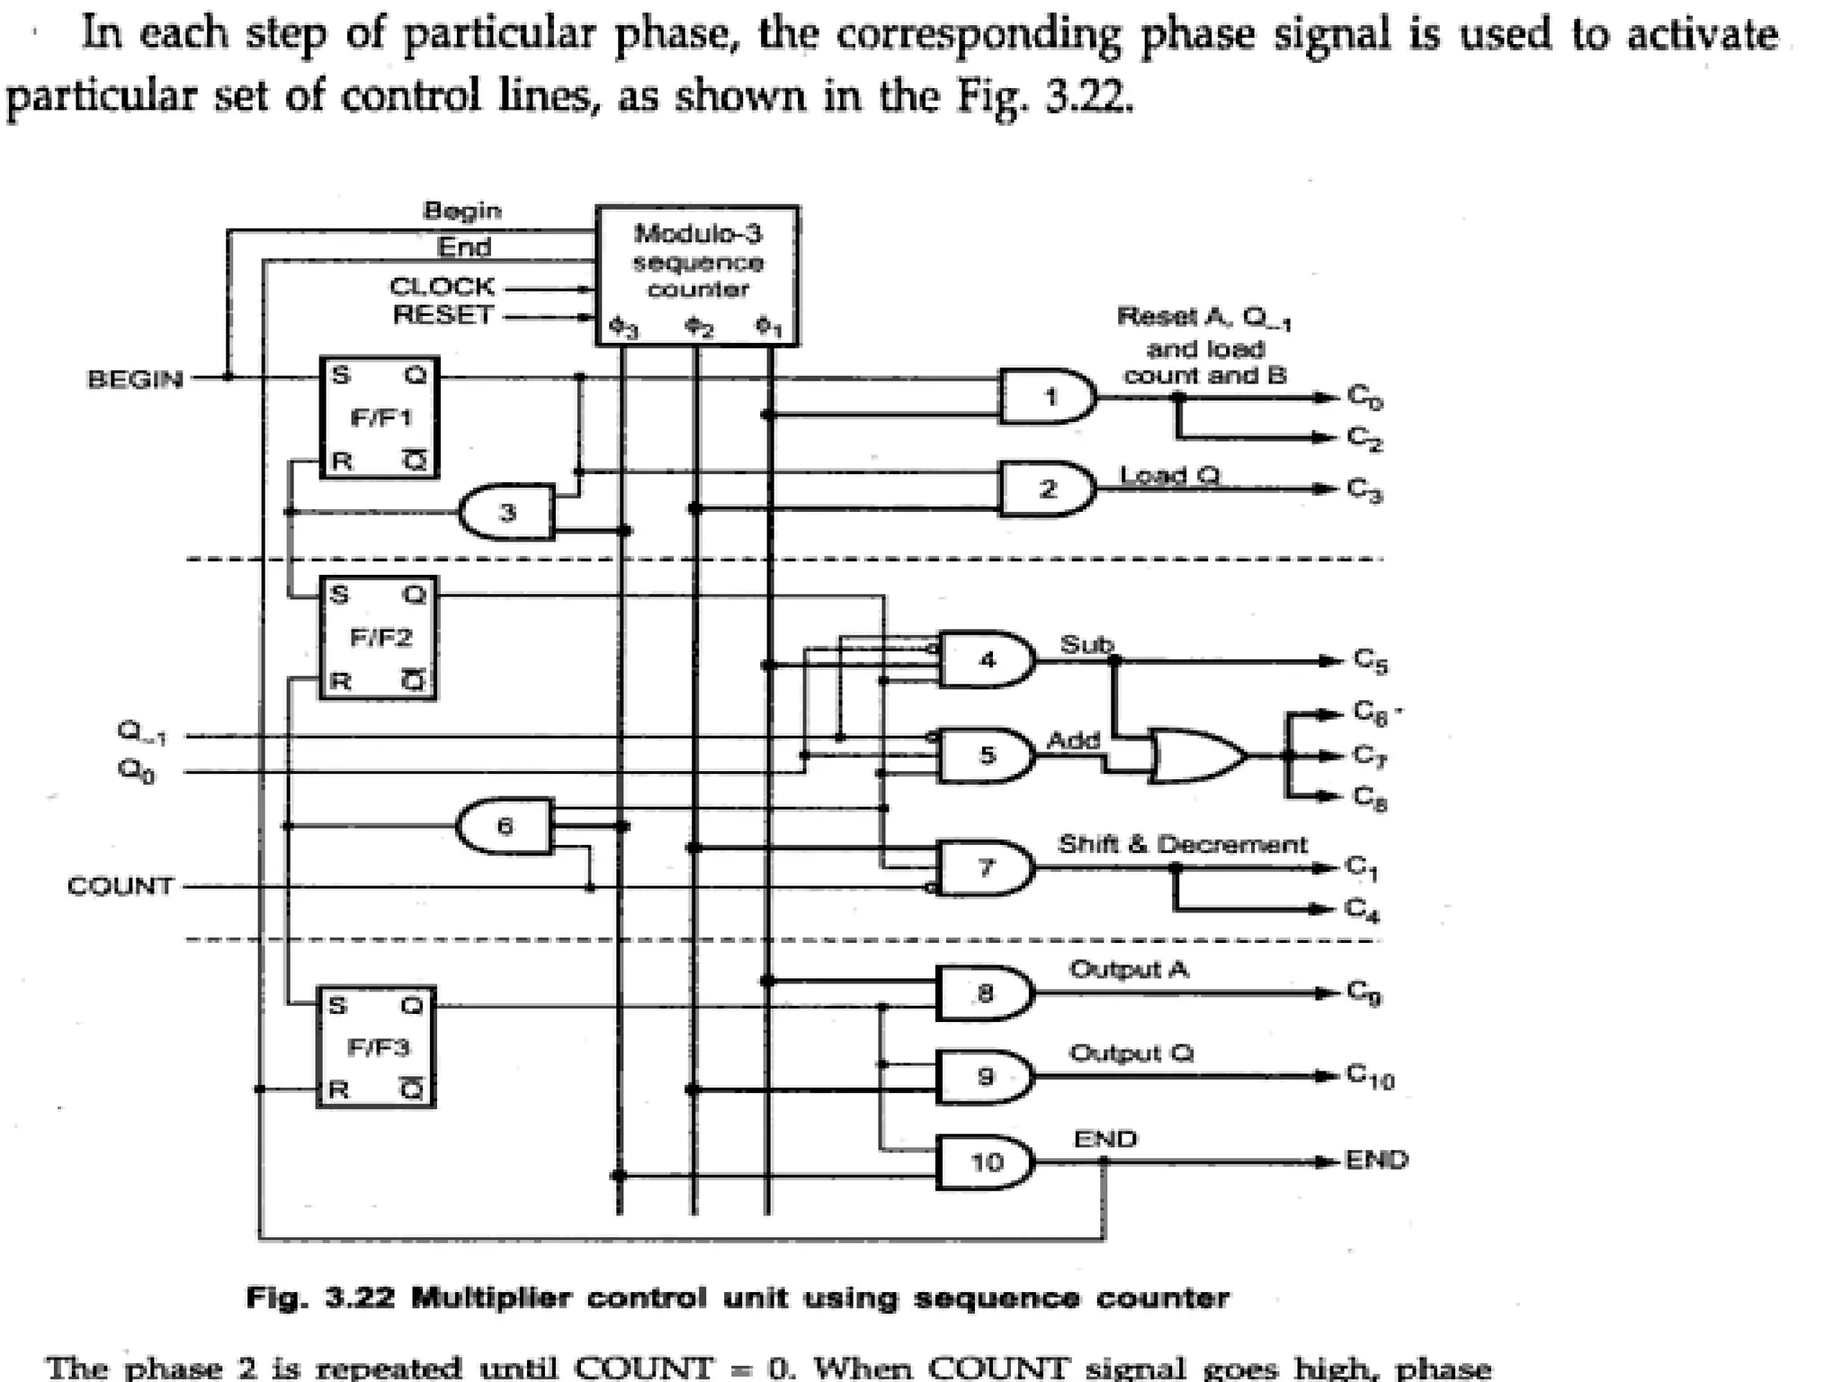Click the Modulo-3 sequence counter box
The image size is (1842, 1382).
[x=697, y=274]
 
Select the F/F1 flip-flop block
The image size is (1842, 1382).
[x=380, y=417]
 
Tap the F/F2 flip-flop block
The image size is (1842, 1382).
[x=380, y=637]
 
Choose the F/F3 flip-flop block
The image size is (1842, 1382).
[x=377, y=1046]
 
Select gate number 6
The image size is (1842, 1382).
[x=505, y=825]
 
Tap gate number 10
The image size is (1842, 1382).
[x=985, y=1162]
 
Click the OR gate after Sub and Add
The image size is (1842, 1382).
[x=1196, y=756]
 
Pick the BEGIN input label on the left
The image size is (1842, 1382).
[x=135, y=379]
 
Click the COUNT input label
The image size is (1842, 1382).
[x=121, y=886]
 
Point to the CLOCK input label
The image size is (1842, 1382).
[x=442, y=286]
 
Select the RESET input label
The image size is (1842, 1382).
[x=443, y=315]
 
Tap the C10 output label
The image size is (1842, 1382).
[x=1370, y=1075]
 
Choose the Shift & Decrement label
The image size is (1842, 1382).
[x=1182, y=844]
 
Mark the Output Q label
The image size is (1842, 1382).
[x=1131, y=1053]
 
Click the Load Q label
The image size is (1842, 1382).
[x=1169, y=474]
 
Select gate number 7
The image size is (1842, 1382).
[x=985, y=867]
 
